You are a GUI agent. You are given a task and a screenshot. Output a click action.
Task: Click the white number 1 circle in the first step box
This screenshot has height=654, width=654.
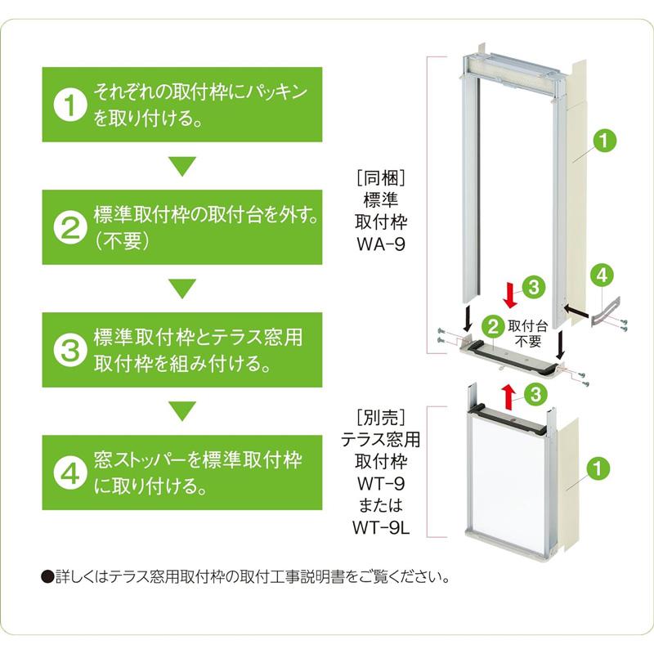[x=70, y=105]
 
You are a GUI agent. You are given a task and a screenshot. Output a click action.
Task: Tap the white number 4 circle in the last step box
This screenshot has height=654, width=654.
[x=70, y=473]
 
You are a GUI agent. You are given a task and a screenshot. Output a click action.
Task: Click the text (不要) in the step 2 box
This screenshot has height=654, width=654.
[x=122, y=244]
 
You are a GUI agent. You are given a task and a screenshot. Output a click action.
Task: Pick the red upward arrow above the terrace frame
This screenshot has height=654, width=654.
[x=510, y=397]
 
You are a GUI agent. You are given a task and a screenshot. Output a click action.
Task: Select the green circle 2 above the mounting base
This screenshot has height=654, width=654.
[x=493, y=326]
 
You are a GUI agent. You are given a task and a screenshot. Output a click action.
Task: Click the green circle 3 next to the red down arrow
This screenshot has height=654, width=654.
[x=532, y=286]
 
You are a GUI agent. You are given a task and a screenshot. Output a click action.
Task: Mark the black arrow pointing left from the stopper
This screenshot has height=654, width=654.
[x=577, y=311]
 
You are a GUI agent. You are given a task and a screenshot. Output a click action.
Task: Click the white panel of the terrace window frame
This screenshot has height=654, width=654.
[x=506, y=474]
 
